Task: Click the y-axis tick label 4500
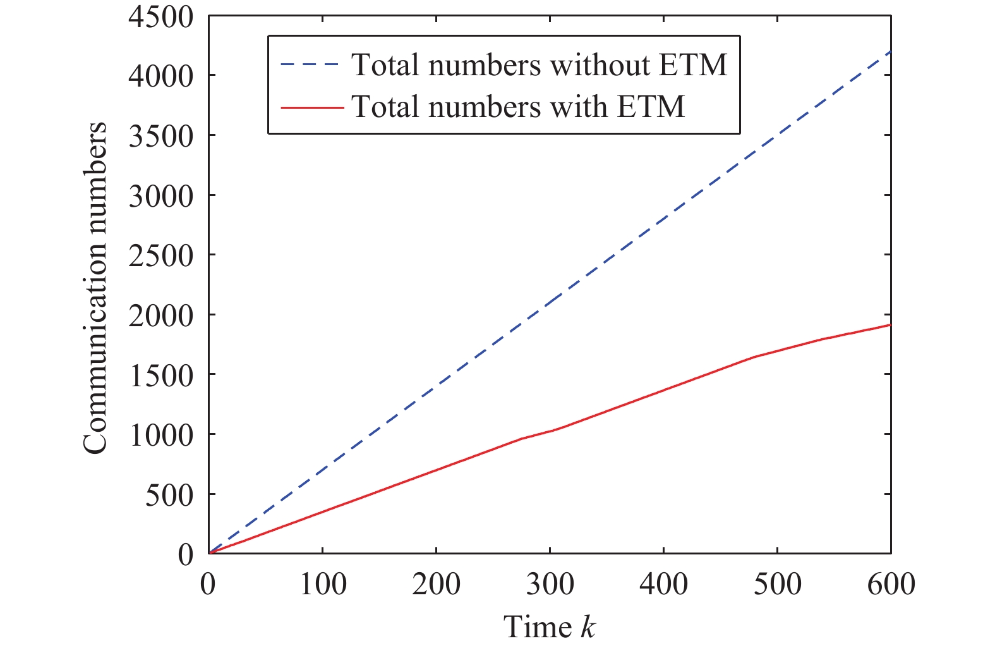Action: (x=160, y=17)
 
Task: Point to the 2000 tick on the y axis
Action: (x=160, y=315)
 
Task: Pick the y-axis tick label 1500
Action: (x=160, y=376)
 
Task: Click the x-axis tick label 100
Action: (x=323, y=584)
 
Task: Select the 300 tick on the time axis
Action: (x=550, y=584)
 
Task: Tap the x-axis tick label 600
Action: (x=891, y=584)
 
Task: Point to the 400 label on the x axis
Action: (x=663, y=584)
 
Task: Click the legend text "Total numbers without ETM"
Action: (x=539, y=64)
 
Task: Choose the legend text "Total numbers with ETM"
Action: (x=518, y=106)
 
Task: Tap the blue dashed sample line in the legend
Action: (x=311, y=64)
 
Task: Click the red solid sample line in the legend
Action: (x=311, y=107)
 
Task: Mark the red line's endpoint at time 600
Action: (x=890, y=324)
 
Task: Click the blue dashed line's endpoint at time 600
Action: (x=890, y=51)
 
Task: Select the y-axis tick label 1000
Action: (x=160, y=435)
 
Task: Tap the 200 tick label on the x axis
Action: (x=437, y=584)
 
